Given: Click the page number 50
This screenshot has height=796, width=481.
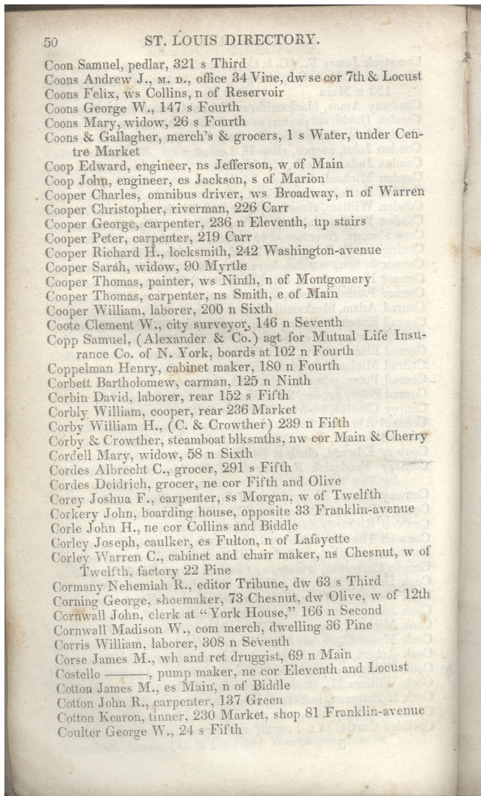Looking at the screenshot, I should (51, 42).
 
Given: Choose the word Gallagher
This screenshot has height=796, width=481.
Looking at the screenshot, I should (129, 137).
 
